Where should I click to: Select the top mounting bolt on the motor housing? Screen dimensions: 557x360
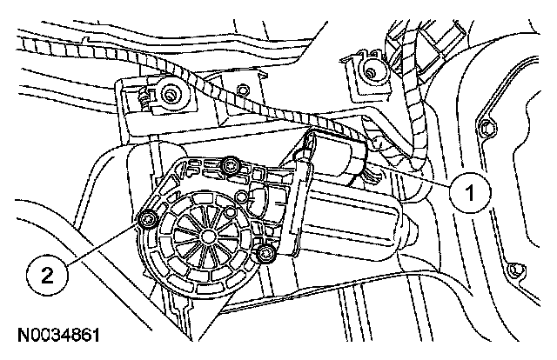(230, 165)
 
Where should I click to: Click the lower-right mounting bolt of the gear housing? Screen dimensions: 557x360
(265, 253)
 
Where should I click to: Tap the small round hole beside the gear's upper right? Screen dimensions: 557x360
(232, 211)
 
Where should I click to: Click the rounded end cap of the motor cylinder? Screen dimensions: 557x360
(407, 228)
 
